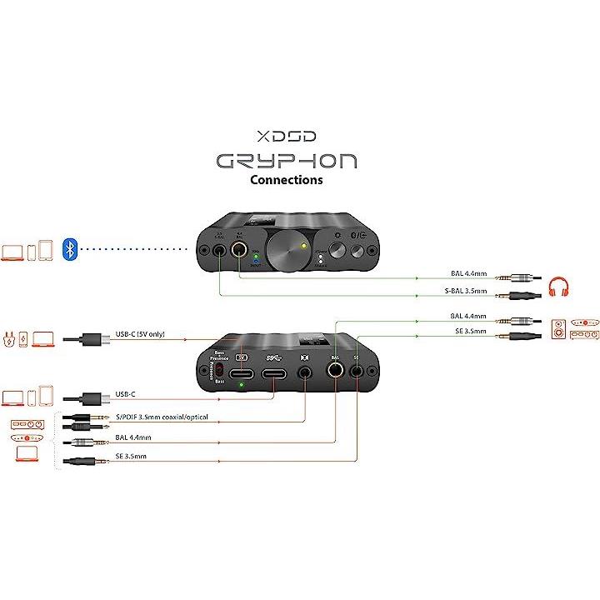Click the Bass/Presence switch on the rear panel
point(222,368)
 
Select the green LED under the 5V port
point(242,385)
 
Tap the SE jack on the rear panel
point(359,372)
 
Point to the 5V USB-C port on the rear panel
point(242,372)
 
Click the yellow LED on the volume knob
point(305,247)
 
